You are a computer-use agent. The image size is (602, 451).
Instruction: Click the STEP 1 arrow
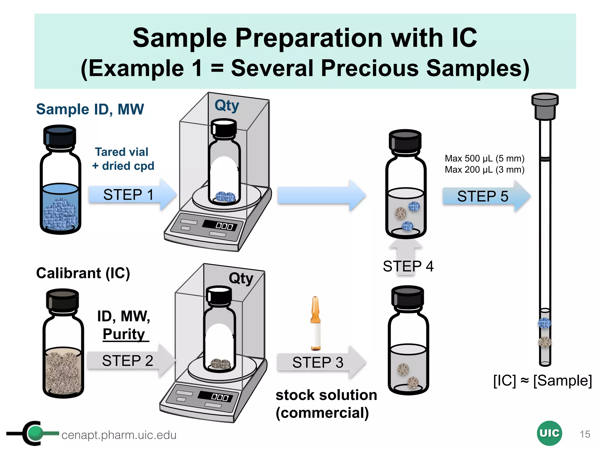(x=129, y=195)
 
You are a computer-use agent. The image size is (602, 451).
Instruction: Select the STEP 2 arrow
(x=128, y=361)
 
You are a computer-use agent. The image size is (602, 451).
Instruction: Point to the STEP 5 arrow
(x=484, y=196)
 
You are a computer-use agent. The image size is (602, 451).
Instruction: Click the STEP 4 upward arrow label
(x=408, y=266)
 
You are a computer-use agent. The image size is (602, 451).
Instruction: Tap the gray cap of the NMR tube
(x=545, y=106)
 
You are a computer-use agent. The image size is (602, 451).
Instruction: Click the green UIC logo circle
(x=549, y=433)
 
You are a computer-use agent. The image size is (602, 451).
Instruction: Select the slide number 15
(x=585, y=434)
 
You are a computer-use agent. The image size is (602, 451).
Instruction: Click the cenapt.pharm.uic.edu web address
(x=119, y=435)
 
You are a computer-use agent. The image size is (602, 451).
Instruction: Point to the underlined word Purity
(x=124, y=334)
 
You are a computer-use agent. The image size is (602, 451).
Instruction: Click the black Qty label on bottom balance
(x=241, y=278)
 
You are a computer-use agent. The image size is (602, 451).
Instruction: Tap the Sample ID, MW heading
(x=90, y=109)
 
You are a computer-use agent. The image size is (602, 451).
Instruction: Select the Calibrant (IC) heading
(x=83, y=273)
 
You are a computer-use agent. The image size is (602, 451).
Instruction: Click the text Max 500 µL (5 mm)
(x=484, y=159)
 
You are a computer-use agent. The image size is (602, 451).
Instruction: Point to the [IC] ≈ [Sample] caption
(x=542, y=381)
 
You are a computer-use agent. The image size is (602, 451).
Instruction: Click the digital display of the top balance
(x=223, y=225)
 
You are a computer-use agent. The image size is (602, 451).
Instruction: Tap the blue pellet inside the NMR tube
(x=544, y=323)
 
